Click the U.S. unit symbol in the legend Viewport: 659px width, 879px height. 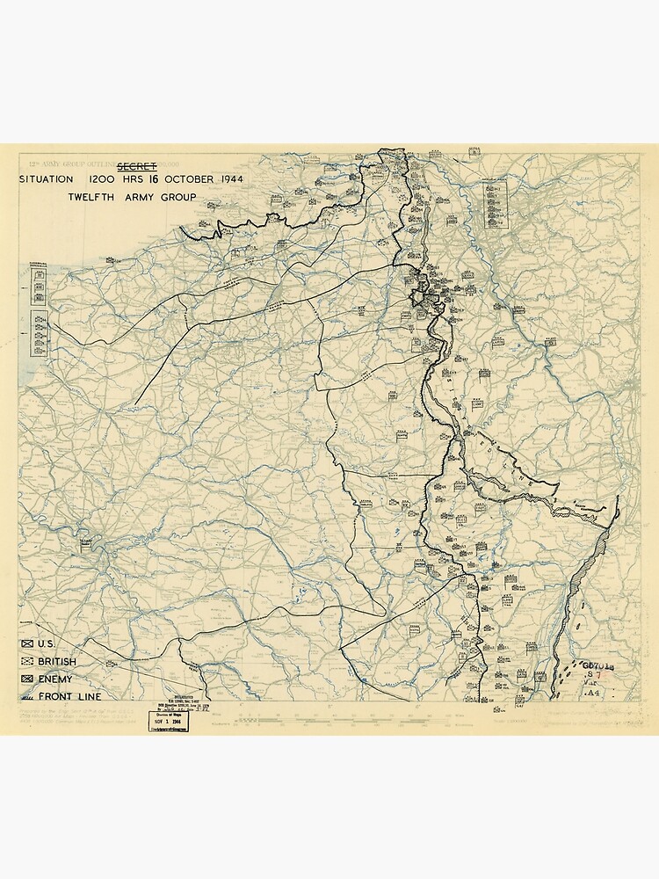coord(26,644)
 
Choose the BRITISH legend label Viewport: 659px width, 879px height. coord(57,661)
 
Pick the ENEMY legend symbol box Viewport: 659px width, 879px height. coord(26,679)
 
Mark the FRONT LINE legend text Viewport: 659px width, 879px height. coord(69,696)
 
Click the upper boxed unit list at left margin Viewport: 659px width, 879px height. coord(39,283)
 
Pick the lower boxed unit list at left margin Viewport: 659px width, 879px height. coord(39,334)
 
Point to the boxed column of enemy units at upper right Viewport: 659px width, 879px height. coord(498,202)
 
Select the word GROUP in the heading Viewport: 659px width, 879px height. coord(178,197)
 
